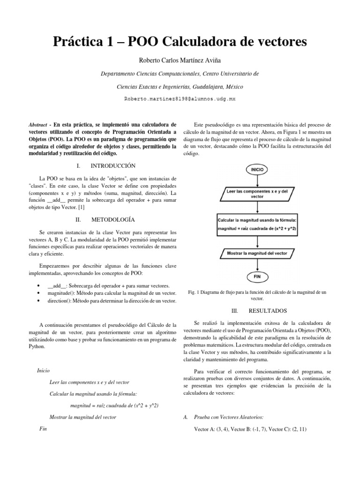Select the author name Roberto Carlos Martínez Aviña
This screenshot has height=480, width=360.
pos(180,61)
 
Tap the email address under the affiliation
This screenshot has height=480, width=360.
pos(180,99)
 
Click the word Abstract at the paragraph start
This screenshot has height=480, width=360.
pos(37,125)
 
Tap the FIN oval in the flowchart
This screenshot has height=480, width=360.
pos(257,277)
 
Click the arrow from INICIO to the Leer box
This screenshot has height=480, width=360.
pos(257,180)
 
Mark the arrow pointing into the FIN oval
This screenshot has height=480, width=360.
pos(257,266)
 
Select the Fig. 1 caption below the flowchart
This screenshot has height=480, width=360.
pos(257,295)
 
